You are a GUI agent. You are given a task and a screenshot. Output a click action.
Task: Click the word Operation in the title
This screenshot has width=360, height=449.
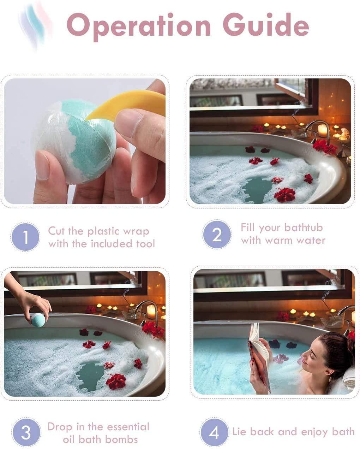click(x=139, y=27)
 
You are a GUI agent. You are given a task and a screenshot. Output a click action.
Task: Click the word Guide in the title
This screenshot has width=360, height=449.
click(x=266, y=24)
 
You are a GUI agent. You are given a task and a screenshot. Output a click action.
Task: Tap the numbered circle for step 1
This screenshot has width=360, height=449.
click(x=25, y=237)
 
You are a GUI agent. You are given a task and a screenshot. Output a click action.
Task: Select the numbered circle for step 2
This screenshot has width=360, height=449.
click(x=217, y=234)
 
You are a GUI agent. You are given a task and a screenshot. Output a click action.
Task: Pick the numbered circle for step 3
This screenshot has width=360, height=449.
click(x=26, y=432)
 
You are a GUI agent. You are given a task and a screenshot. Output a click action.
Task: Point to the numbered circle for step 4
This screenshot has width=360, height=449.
click(x=214, y=432)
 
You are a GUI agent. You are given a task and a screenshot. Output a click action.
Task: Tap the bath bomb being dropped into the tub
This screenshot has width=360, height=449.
click(x=38, y=320)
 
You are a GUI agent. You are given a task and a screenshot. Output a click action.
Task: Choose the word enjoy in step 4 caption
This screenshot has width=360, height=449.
click(x=314, y=432)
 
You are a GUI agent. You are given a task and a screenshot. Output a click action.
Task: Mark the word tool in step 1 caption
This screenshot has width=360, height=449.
click(x=145, y=244)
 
